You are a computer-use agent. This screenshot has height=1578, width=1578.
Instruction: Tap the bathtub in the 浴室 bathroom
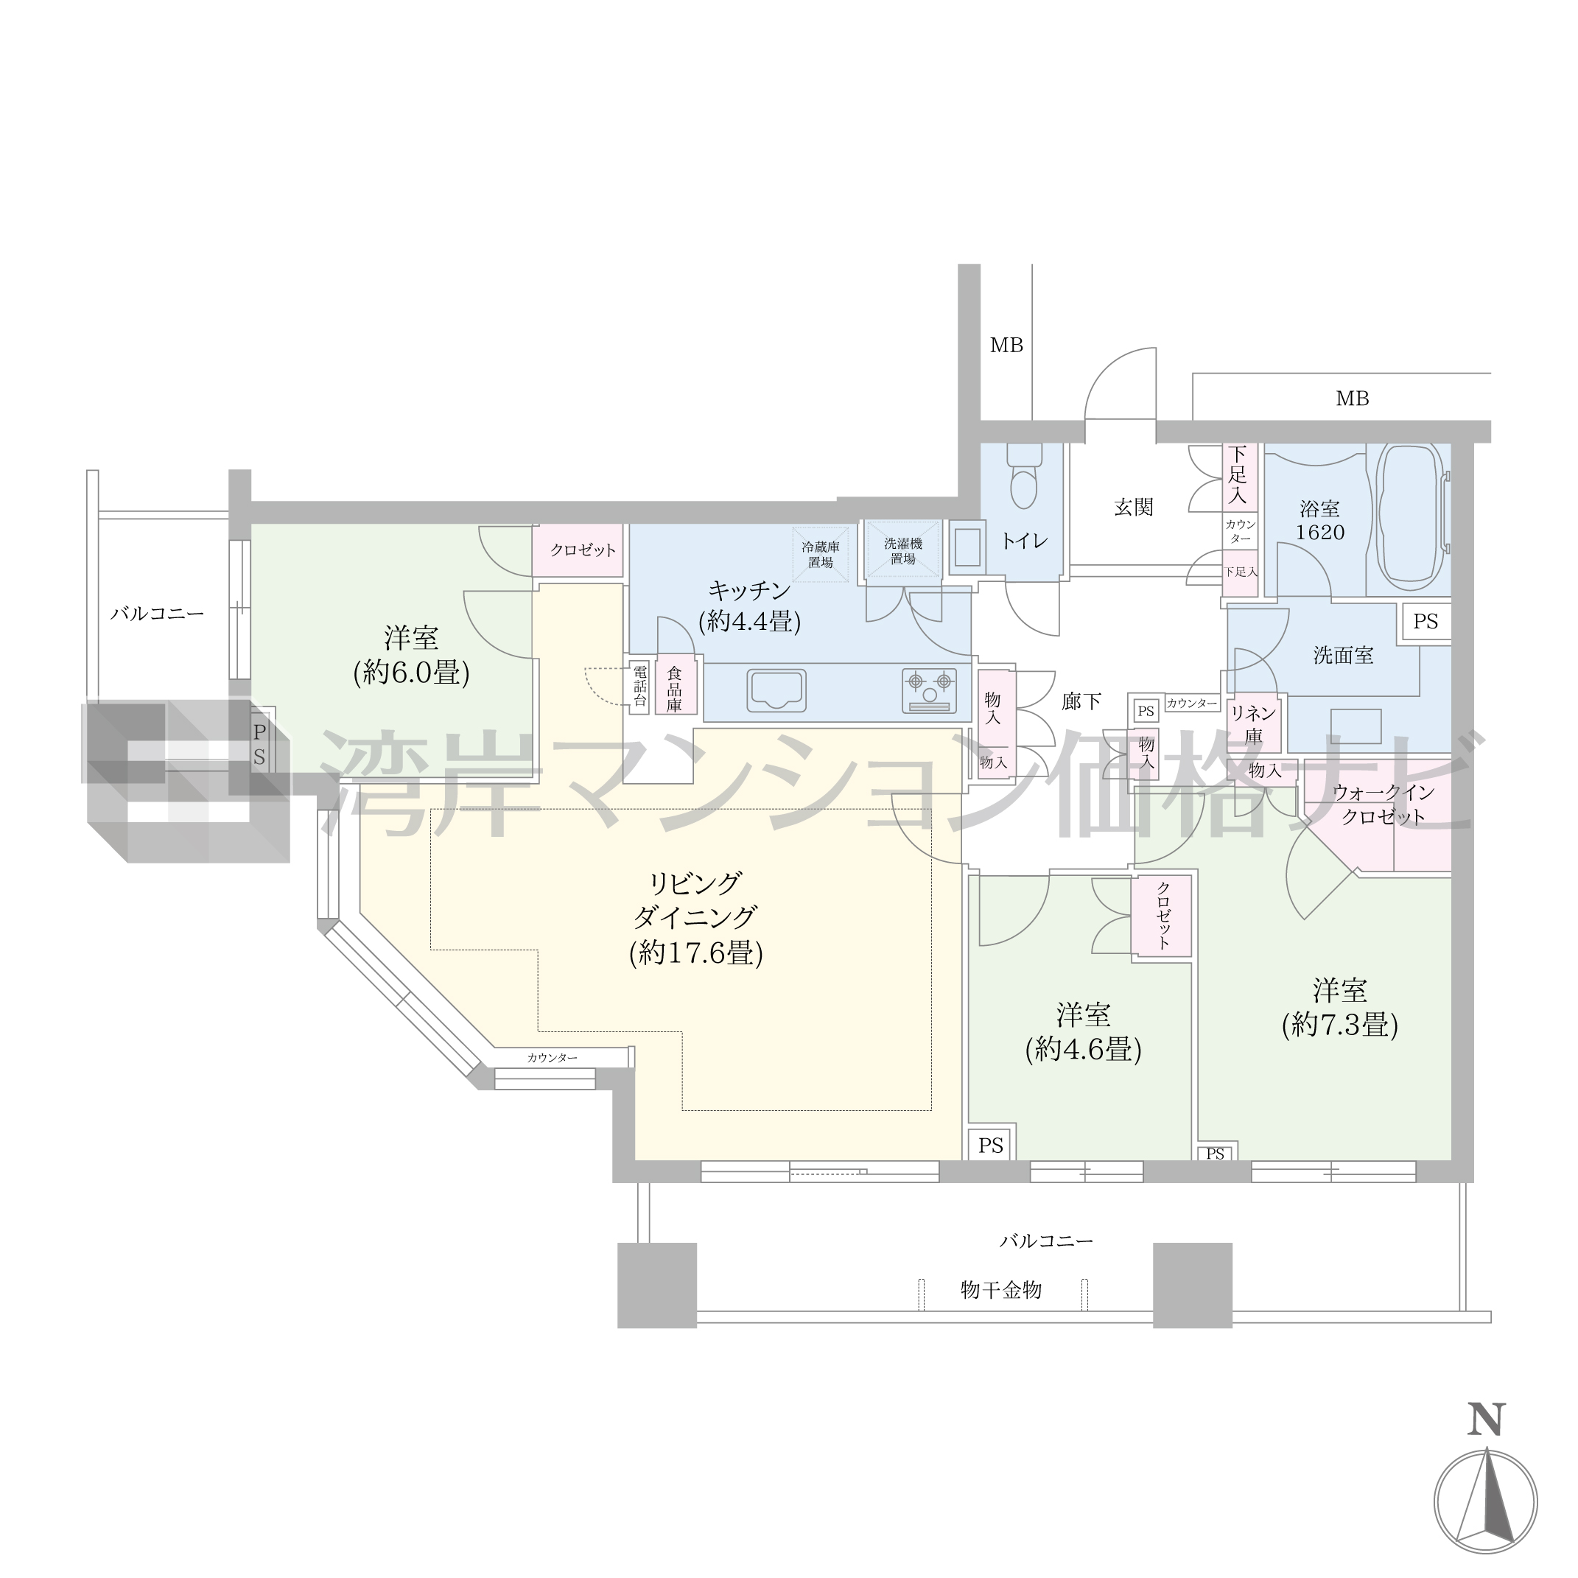[1411, 516]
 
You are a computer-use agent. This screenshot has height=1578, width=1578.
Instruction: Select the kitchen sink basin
[776, 690]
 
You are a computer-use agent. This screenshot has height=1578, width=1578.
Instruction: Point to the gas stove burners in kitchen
[929, 690]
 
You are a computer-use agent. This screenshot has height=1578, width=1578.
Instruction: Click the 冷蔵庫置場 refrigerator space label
[820, 555]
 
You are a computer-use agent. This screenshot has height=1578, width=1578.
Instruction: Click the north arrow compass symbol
[1486, 1501]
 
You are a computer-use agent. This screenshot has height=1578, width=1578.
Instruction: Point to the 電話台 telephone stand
[639, 687]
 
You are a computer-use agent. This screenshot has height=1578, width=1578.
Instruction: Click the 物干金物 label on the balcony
[1001, 1290]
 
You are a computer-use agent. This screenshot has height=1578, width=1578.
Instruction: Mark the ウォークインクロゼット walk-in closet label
[1383, 804]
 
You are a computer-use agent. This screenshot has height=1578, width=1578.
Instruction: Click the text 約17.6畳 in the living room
[696, 953]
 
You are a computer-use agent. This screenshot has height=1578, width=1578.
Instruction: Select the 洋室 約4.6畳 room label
[1083, 1031]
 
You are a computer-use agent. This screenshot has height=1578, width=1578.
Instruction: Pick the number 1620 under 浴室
[1320, 533]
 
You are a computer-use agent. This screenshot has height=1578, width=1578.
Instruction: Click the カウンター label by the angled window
[552, 1058]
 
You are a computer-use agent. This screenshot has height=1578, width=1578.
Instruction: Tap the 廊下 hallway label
[1081, 701]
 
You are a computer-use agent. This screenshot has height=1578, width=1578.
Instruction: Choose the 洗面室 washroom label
[1344, 655]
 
